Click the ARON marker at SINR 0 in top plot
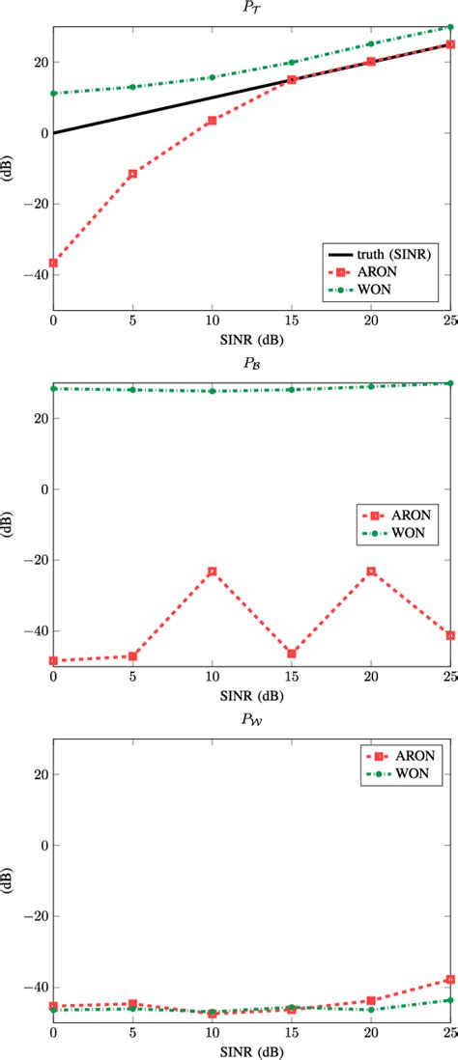(53, 263)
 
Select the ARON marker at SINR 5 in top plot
(132, 174)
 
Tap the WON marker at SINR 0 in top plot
(53, 94)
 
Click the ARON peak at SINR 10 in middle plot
(212, 572)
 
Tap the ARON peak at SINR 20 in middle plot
(371, 572)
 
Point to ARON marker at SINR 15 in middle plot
(292, 654)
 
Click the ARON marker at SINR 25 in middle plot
(450, 635)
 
